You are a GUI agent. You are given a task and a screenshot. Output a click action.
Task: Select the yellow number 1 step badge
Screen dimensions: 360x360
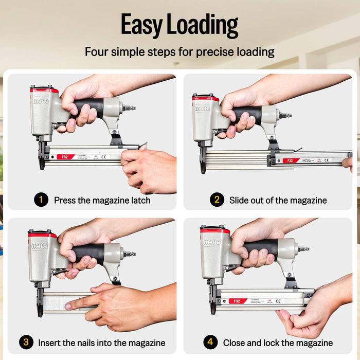pos(41,200)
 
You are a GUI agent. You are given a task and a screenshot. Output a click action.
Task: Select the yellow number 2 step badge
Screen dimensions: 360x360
pos(217,200)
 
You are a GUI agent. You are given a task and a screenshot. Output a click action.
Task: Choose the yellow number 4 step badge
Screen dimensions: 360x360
pos(210,343)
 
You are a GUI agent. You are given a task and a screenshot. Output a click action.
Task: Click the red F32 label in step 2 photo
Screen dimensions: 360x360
pos(291,160)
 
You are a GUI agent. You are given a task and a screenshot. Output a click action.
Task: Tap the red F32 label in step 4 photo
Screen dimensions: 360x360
pos(238,301)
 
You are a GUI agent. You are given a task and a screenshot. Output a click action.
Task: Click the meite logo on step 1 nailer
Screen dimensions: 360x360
pos(41,101)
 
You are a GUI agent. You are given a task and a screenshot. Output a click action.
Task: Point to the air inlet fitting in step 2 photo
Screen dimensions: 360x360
pos(284,115)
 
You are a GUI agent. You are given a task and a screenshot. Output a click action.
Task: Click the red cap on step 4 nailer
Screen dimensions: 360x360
pos(215,230)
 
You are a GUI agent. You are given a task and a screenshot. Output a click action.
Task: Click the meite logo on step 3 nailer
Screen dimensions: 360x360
pos(39,246)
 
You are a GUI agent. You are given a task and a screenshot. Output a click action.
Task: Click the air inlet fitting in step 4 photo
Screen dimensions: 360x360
pos(303,249)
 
